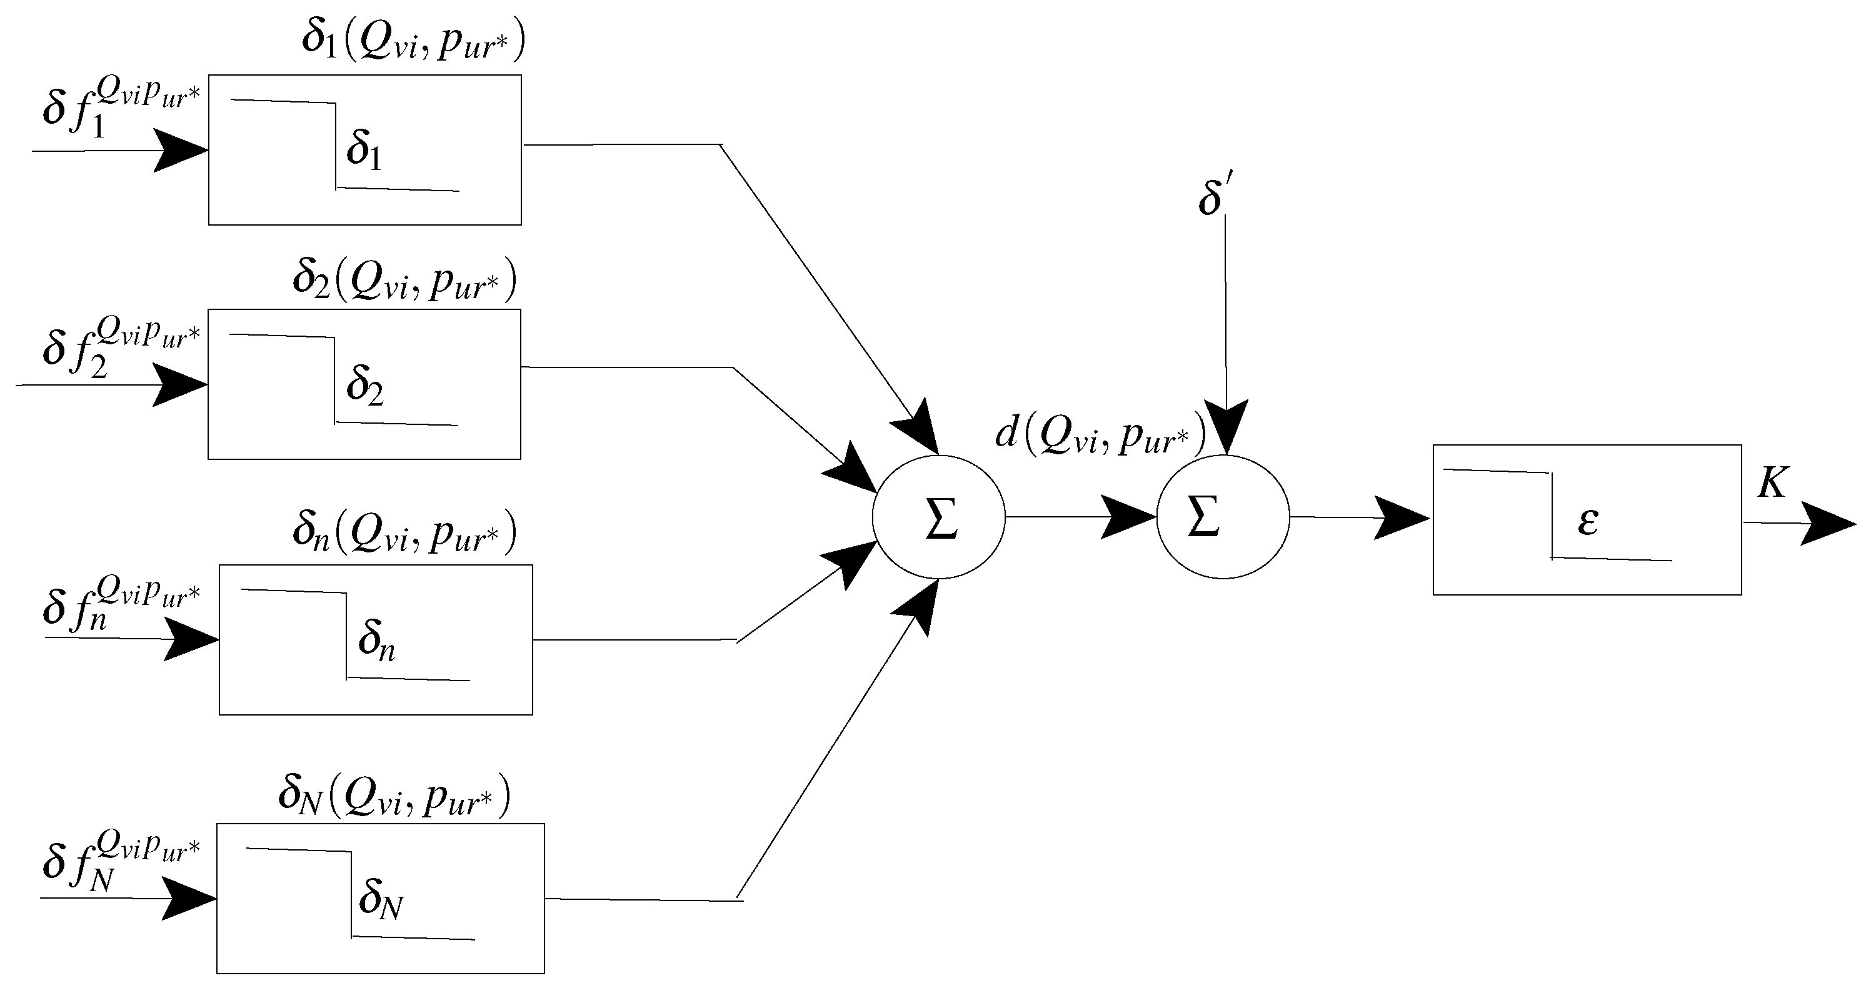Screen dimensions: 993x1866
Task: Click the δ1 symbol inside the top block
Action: tap(364, 150)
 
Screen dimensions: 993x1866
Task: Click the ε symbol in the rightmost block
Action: tap(1588, 521)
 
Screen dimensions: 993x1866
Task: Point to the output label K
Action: tap(1773, 482)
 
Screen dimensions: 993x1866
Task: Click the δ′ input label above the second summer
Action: tap(1215, 197)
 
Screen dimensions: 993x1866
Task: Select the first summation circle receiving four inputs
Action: tap(939, 517)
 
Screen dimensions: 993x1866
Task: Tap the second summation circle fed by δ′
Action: tap(1223, 517)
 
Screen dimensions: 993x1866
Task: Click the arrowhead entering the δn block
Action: tap(190, 639)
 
